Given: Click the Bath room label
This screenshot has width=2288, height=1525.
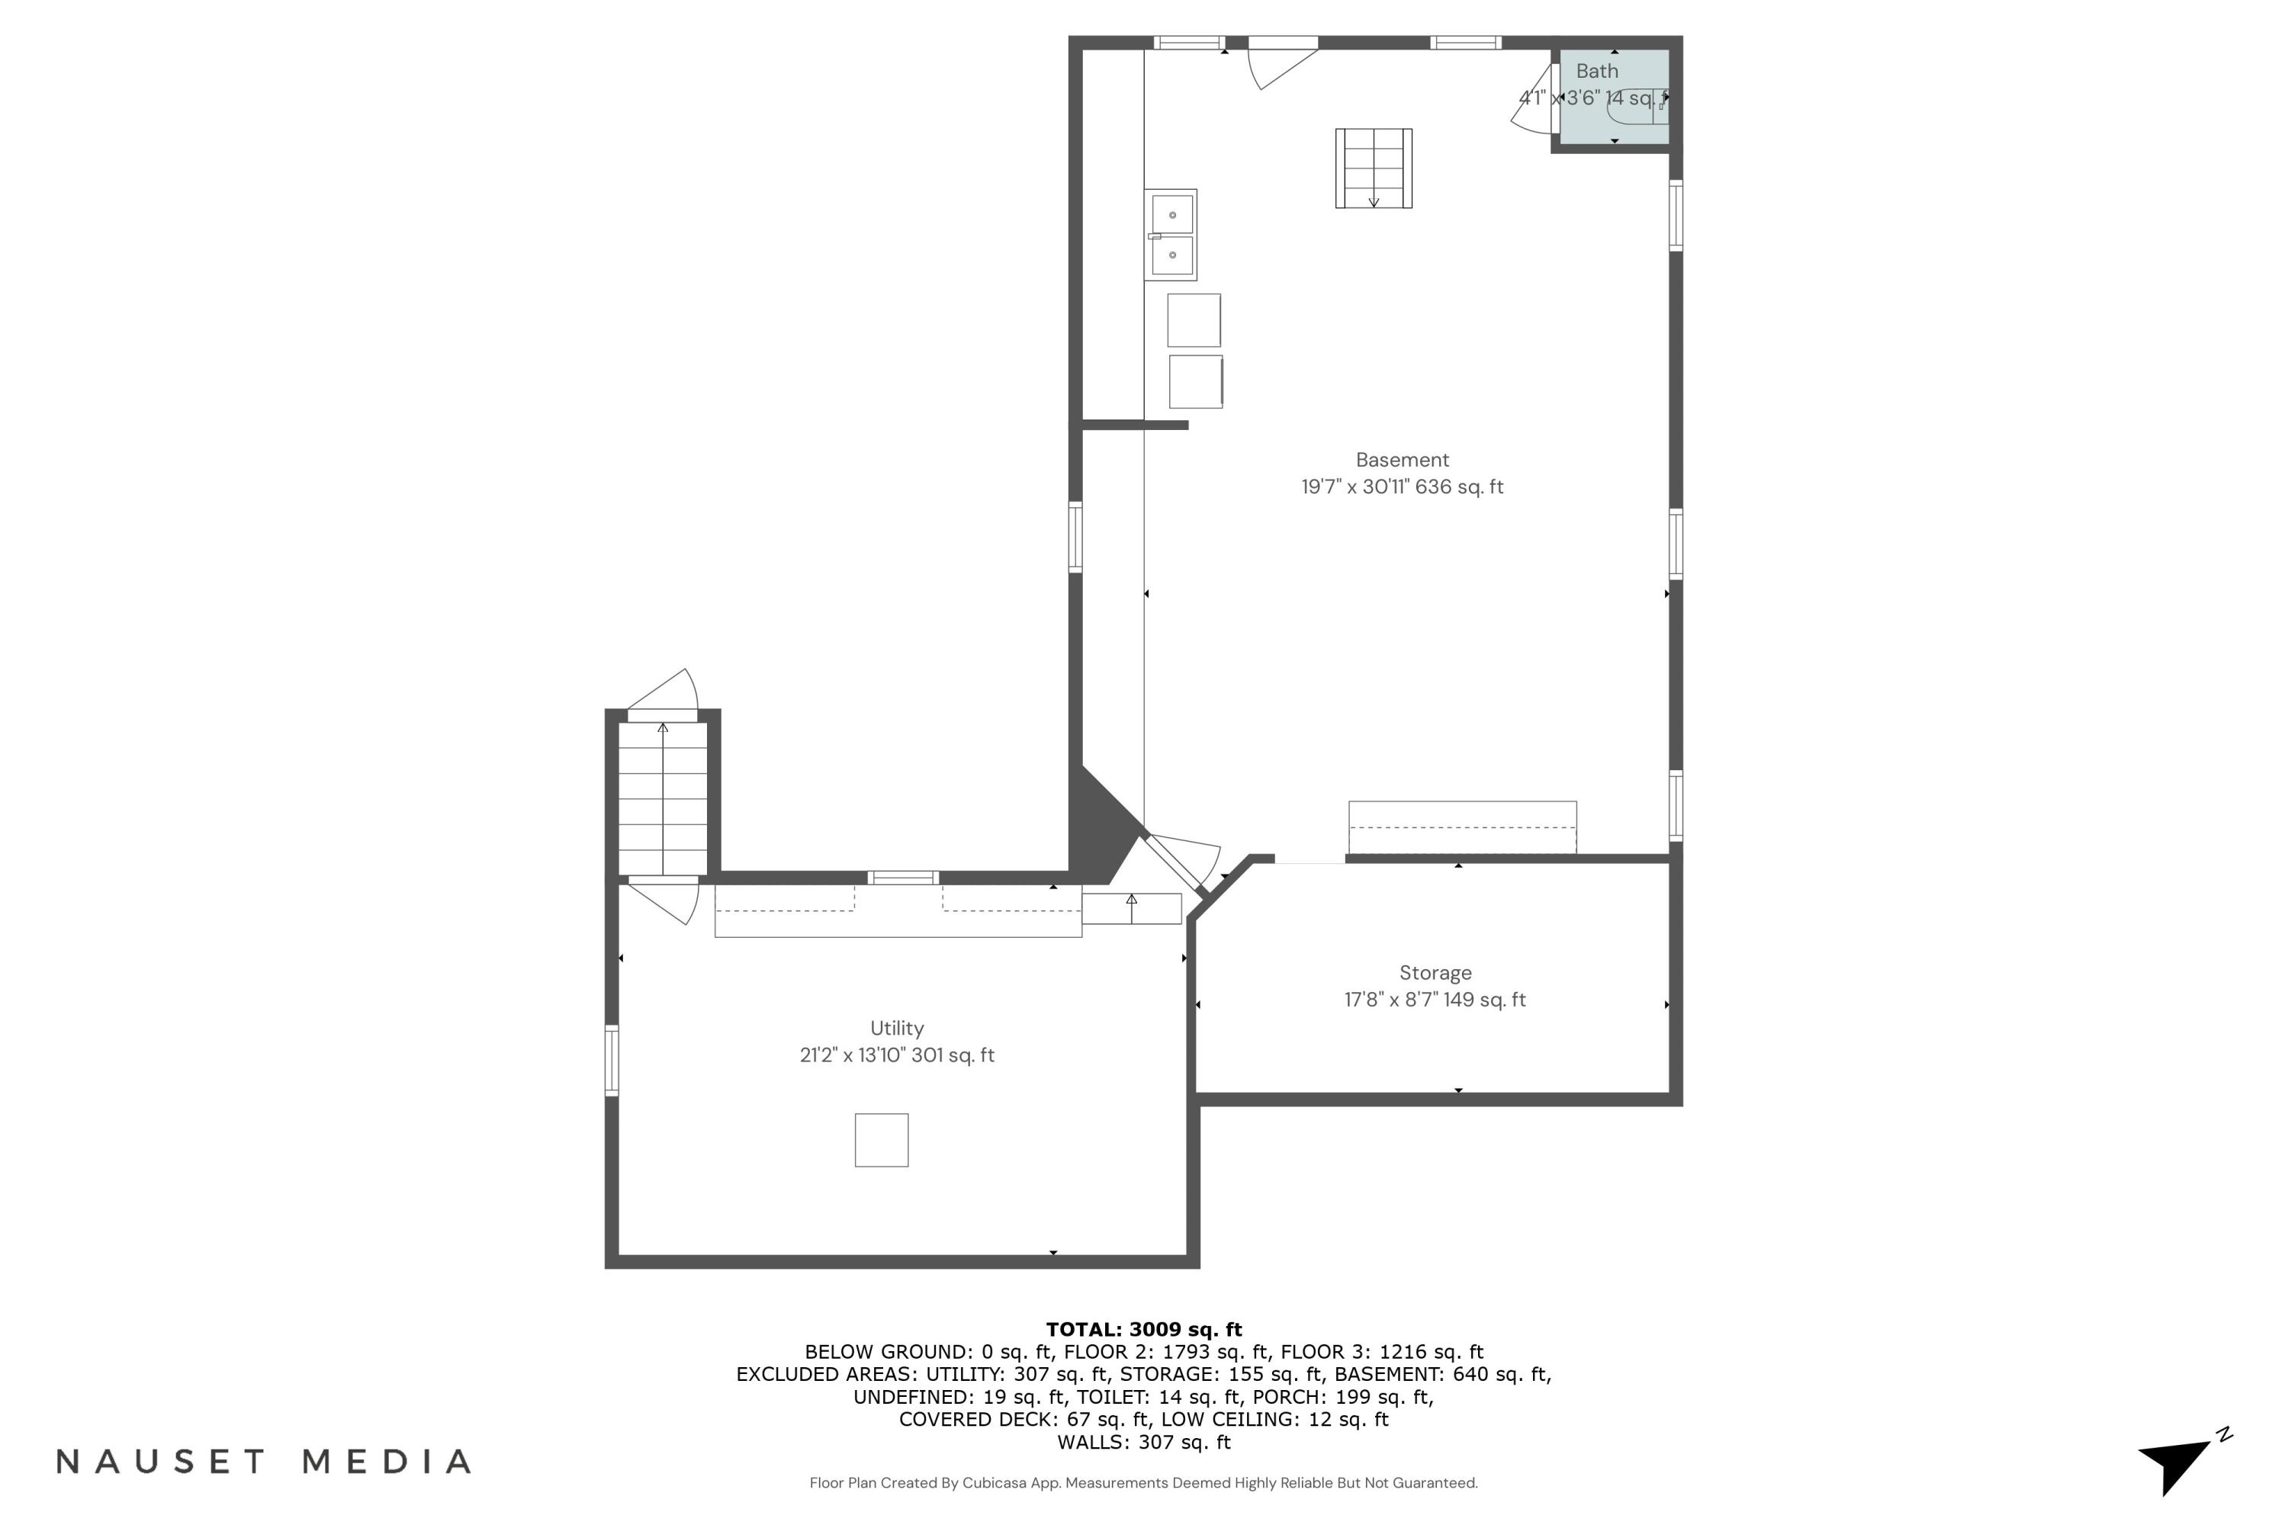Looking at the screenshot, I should click(x=1596, y=71).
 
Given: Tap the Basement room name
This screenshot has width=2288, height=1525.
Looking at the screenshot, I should click(x=1402, y=460).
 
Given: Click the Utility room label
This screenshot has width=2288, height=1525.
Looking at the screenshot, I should click(x=896, y=1028).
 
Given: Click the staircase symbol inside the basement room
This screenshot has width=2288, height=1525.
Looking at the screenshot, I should click(x=1373, y=169).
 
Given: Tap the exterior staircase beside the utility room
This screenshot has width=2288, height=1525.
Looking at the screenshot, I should click(x=663, y=798).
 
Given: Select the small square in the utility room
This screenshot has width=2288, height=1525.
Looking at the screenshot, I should click(x=882, y=1140).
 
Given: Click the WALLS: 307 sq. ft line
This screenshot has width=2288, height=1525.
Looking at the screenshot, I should click(x=1143, y=1443).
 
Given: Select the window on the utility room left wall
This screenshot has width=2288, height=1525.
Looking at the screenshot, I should click(x=612, y=1060).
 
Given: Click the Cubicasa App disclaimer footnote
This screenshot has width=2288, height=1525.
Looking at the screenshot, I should click(x=1143, y=1483).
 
